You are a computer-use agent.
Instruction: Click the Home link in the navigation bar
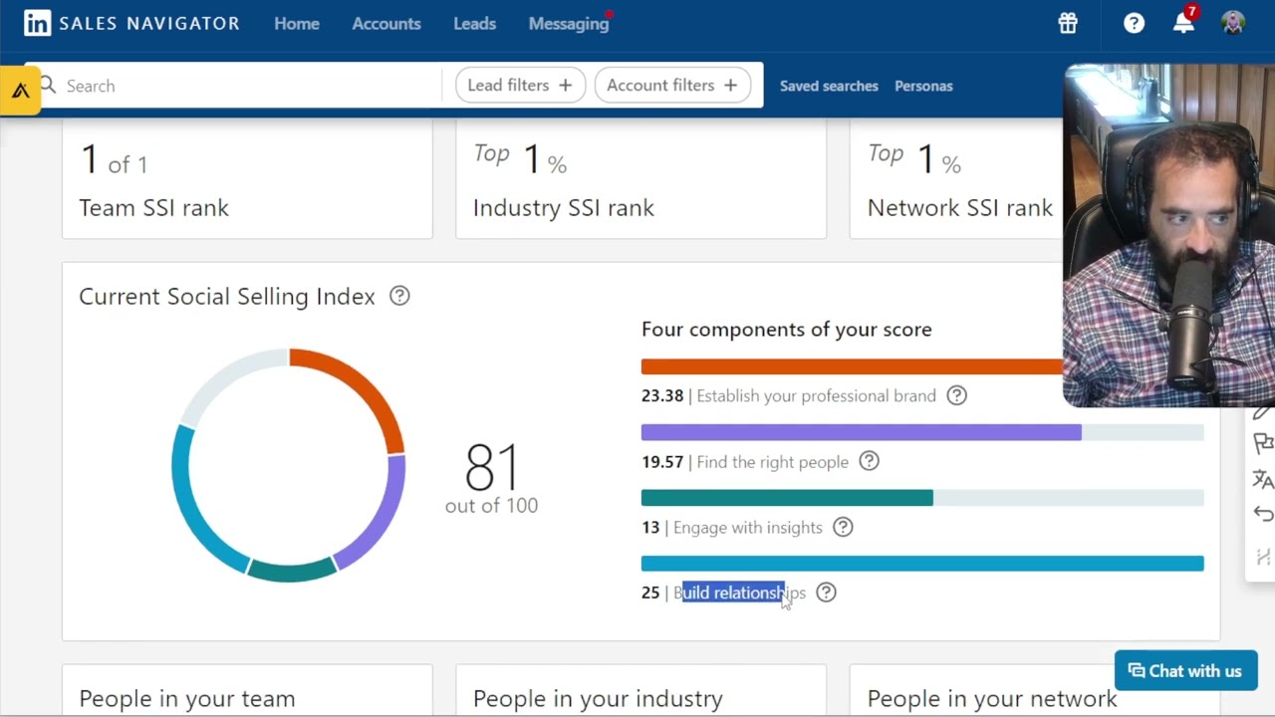[x=297, y=24]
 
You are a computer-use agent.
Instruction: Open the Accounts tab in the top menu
[x=386, y=24]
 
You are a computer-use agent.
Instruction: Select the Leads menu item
[x=474, y=24]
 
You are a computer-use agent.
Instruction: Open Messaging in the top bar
[x=569, y=24]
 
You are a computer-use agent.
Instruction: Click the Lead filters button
[x=519, y=86]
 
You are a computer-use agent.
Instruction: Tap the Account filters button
[x=671, y=86]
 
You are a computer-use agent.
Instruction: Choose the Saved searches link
[x=829, y=86]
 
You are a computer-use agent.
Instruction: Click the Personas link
[x=923, y=86]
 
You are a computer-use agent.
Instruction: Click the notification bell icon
[x=1183, y=24]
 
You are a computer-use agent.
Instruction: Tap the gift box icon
[x=1068, y=24]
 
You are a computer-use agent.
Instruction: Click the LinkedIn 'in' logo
[x=37, y=24]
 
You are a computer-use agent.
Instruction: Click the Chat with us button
[x=1185, y=671]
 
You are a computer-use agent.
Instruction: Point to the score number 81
[x=492, y=467]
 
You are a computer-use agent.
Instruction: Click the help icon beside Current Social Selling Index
[x=399, y=296]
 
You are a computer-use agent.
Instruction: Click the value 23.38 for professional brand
[x=662, y=396]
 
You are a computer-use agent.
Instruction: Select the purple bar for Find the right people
[x=861, y=432]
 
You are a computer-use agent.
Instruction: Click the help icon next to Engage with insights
[x=843, y=528]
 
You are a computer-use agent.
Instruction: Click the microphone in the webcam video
[x=1186, y=309]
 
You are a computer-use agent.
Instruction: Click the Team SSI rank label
[x=153, y=208]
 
